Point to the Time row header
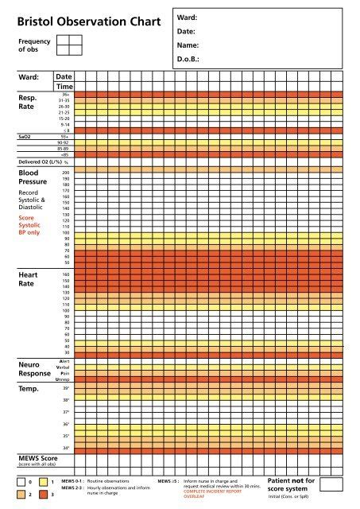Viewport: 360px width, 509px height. pos(64,86)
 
